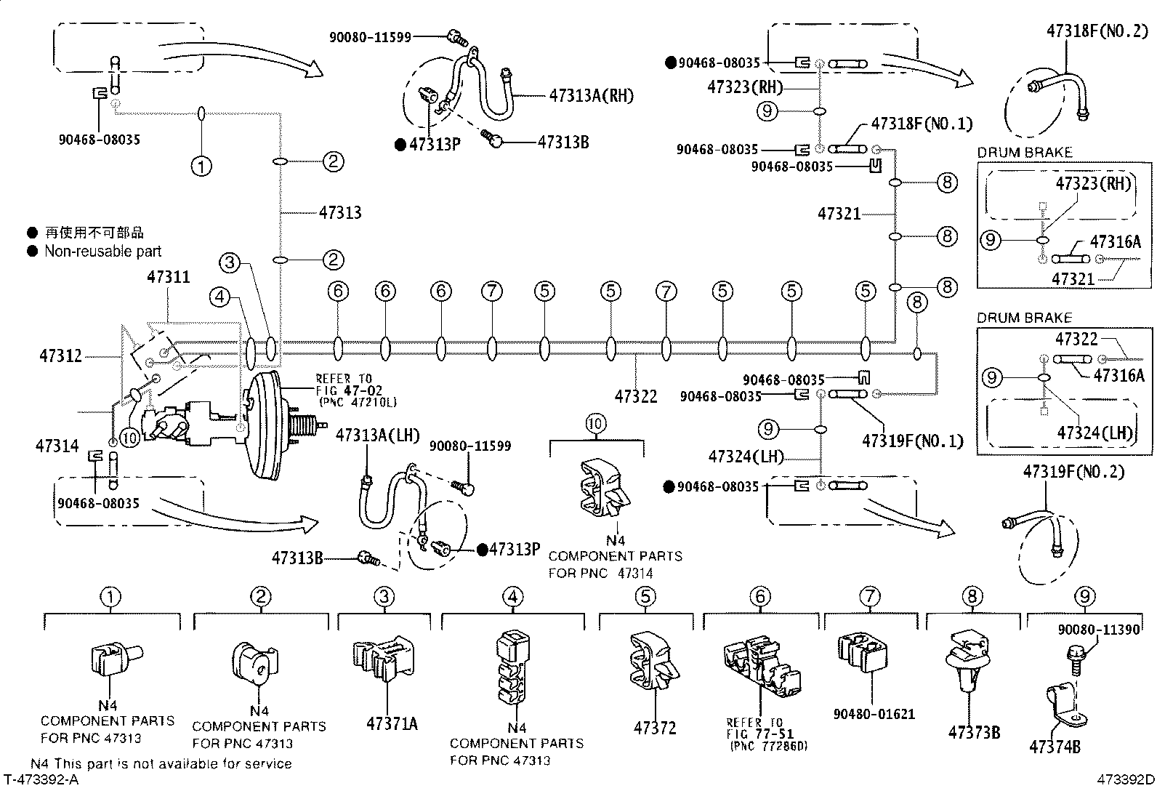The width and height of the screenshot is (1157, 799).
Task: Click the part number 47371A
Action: tap(392, 723)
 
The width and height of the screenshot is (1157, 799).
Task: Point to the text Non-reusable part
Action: tap(102, 252)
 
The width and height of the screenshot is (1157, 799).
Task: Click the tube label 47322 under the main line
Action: tap(636, 396)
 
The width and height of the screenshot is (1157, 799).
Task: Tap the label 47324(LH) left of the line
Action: tap(746, 457)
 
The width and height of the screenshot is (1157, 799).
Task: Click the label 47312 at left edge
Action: tap(60, 356)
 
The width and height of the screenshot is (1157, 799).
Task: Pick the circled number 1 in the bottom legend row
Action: tap(110, 598)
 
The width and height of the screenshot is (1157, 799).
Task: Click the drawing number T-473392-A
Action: tap(41, 780)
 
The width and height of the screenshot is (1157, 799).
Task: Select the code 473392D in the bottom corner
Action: tap(1125, 780)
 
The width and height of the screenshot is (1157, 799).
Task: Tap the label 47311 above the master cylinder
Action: tap(168, 277)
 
